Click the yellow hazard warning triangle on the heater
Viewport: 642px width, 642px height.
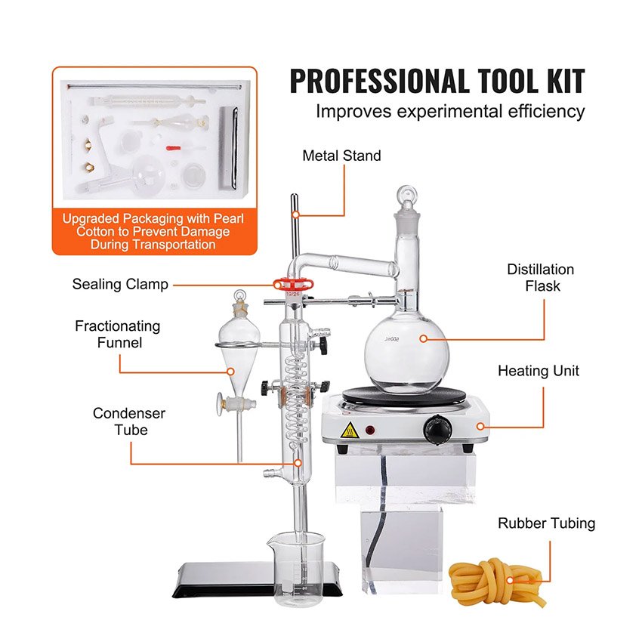(350, 431)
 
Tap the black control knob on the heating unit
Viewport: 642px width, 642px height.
(437, 430)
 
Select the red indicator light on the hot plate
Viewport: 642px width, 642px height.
(370, 431)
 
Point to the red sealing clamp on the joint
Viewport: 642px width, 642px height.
(294, 284)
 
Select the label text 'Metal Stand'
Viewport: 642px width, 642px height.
(341, 156)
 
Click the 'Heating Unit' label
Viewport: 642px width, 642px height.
(538, 371)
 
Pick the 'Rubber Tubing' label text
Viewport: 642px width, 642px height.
(546, 523)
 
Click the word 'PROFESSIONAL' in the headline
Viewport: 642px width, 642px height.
(380, 81)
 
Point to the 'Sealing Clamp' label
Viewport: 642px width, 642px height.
(120, 284)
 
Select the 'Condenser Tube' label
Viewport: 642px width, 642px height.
(129, 421)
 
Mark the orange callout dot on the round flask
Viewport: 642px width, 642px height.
(424, 338)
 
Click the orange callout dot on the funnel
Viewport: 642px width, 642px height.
(230, 372)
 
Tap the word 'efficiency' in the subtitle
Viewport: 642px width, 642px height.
(546, 111)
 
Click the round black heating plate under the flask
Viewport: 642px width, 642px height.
(404, 395)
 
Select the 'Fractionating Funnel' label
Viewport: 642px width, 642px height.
(118, 334)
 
